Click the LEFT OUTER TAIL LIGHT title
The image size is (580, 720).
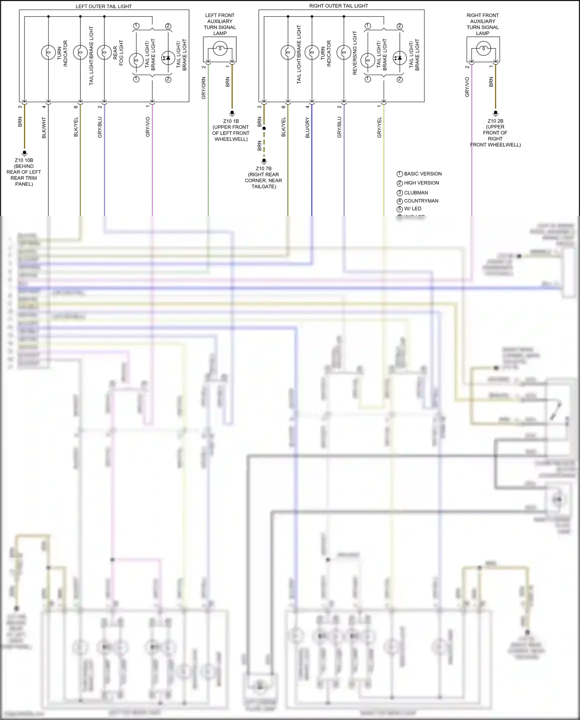[103, 6]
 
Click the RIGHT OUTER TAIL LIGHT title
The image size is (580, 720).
[338, 6]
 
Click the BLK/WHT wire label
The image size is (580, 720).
[44, 128]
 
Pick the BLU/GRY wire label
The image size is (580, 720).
[308, 128]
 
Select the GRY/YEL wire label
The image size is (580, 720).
[380, 128]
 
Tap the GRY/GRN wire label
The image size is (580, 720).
[204, 88]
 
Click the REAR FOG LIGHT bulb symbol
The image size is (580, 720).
[104, 52]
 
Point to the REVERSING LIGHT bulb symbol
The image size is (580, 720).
[344, 52]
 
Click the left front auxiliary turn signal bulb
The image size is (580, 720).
[220, 49]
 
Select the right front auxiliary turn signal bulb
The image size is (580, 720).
[483, 49]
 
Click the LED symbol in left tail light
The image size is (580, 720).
[168, 58]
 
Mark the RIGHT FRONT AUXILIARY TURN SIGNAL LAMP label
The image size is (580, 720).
[483, 24]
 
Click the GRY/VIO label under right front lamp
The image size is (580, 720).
[467, 87]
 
